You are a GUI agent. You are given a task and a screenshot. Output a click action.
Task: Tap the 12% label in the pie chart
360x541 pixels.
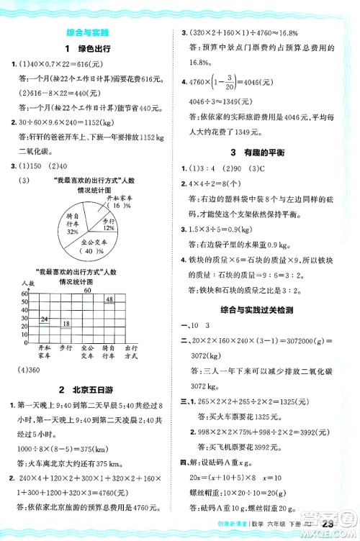108,227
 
